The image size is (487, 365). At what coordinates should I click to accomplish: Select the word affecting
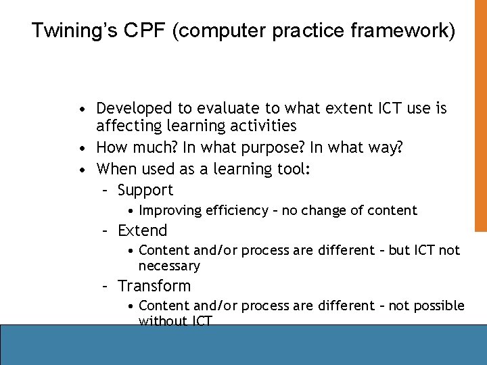[126, 126]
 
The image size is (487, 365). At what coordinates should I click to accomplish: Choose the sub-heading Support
[145, 191]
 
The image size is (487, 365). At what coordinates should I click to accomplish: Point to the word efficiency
[237, 210]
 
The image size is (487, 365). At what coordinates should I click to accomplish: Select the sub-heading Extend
[142, 230]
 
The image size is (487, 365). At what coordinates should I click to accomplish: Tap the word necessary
[169, 266]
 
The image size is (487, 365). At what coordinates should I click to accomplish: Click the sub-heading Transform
[154, 286]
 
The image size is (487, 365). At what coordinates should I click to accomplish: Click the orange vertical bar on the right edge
[480, 115]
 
